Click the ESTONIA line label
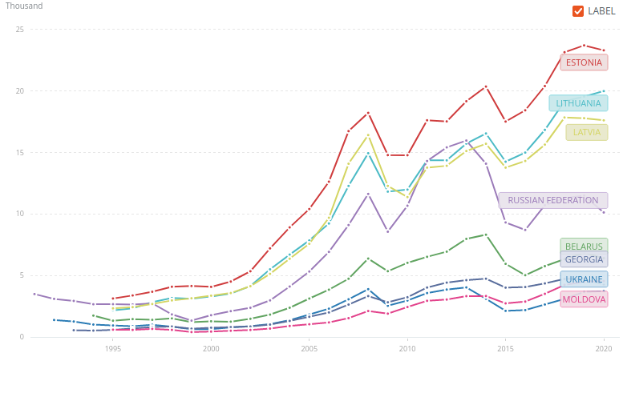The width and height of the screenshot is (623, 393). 584,62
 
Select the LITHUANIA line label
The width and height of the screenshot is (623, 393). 578,103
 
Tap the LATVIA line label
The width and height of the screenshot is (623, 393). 586,132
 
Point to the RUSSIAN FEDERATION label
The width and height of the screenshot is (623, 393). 552,200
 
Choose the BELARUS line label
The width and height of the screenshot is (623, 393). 584,247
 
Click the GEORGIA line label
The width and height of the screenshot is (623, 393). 584,259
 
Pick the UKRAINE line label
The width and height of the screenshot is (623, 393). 584,279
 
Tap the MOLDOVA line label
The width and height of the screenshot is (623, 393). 584,299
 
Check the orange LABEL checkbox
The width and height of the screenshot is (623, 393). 578,11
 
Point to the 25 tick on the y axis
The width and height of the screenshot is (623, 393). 20,30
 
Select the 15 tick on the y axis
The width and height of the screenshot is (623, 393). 20,152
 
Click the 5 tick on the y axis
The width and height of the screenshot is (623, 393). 22,275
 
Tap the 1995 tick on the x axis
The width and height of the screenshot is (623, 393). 113,348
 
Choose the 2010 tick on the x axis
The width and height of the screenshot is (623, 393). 407,348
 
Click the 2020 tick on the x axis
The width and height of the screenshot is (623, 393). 604,348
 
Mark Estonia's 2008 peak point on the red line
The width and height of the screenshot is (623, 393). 368,113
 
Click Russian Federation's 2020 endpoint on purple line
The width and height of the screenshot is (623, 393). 604,212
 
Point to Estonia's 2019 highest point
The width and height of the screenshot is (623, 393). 584,46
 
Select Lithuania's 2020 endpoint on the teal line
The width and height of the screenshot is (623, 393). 604,91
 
